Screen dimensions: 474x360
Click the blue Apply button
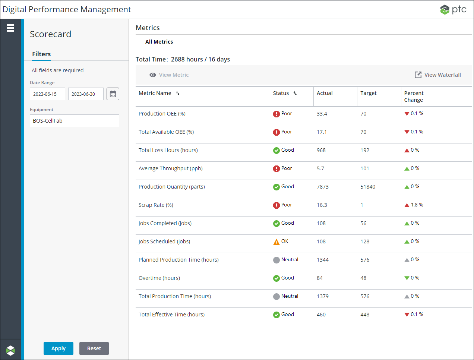[x=58, y=348]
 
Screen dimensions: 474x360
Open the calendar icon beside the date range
[x=113, y=94]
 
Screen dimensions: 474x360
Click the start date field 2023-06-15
[x=47, y=94]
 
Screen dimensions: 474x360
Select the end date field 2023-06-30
[x=86, y=94]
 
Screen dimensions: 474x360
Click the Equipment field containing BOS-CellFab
[x=74, y=121]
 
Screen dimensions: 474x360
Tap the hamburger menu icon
[x=10, y=28]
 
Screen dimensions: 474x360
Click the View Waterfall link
[x=438, y=75]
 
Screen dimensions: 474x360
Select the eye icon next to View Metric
[x=153, y=75]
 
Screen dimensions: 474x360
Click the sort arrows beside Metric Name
[x=178, y=93]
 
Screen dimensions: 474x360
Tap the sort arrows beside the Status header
[x=295, y=93]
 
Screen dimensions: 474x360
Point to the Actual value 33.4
[x=322, y=114]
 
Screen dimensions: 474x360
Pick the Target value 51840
[x=368, y=187]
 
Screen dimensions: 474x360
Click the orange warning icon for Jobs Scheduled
[x=276, y=242]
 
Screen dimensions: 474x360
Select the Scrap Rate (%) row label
[x=156, y=205]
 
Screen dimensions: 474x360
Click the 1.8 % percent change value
[x=417, y=205]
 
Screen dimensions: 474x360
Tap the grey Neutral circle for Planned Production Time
[x=276, y=260]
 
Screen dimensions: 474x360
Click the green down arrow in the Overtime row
[x=407, y=278]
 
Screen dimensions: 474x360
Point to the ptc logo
[x=453, y=9]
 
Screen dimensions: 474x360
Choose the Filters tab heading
[x=41, y=54]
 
